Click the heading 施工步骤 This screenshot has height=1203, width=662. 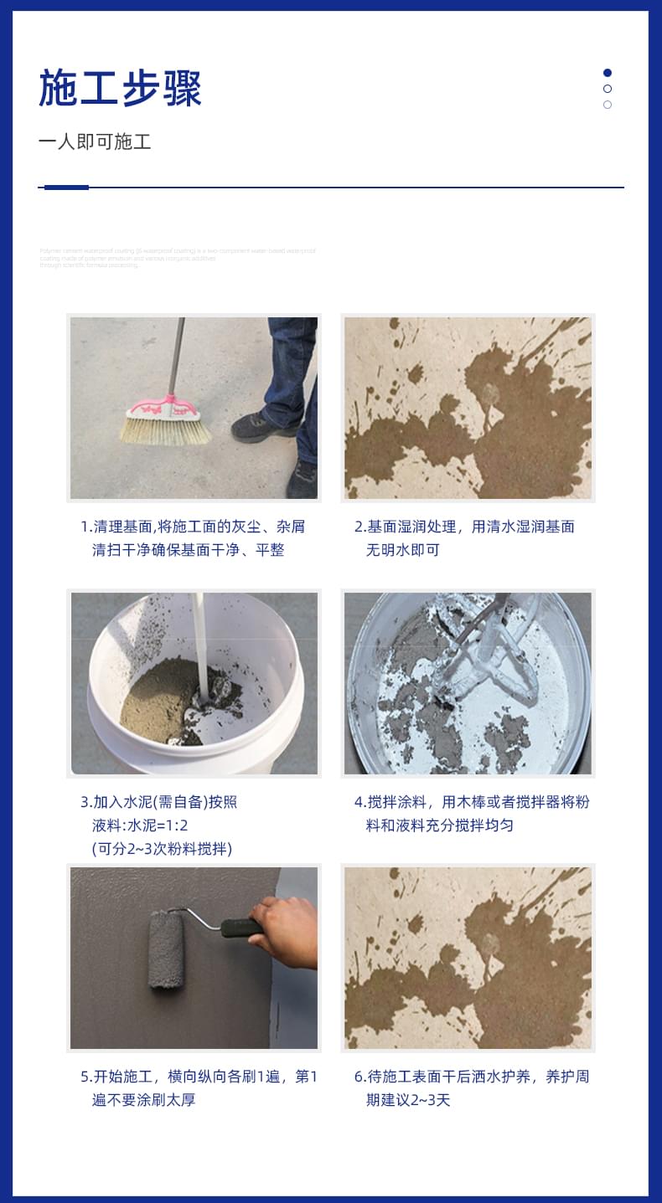pyautogui.click(x=120, y=89)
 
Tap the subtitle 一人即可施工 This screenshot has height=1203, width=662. pyautogui.click(x=94, y=141)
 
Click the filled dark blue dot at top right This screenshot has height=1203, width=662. pyautogui.click(x=608, y=73)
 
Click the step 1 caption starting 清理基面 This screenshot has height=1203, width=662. pyautogui.click(x=193, y=538)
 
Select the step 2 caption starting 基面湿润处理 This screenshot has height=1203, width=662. pyautogui.click(x=464, y=538)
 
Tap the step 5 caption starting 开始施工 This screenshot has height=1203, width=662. pyautogui.click(x=199, y=1087)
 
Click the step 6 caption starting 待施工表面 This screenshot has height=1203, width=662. pyautogui.click(x=472, y=1087)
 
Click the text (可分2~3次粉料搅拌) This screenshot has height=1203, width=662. pyautogui.click(x=162, y=849)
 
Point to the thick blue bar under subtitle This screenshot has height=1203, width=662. pyautogui.click(x=66, y=188)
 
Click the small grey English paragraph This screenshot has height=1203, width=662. pyautogui.click(x=177, y=257)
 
